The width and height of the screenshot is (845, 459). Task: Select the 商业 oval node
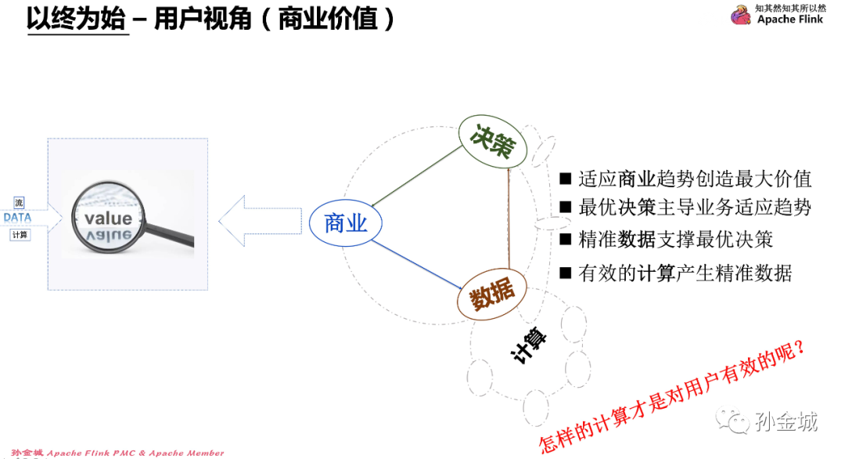point(345,223)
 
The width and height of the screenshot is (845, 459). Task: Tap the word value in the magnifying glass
point(108,218)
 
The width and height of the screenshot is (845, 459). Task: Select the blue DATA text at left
point(17,218)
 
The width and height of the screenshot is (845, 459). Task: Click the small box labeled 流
point(19,203)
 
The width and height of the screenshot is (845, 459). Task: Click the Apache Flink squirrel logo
point(740,15)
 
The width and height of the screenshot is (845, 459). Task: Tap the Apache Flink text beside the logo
point(790,20)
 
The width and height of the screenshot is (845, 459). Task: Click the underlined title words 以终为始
point(76,19)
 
